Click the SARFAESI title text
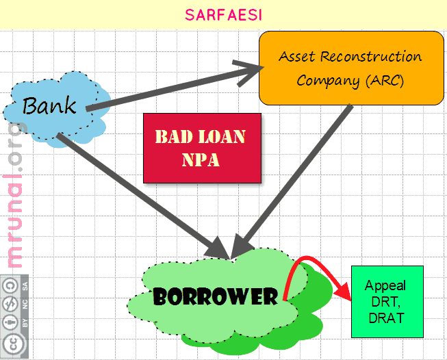point(223,15)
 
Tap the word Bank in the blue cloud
point(49,105)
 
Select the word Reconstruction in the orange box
point(370,56)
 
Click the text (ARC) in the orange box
point(385,81)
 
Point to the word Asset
point(297,56)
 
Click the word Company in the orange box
point(328,81)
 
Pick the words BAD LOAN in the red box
point(200,136)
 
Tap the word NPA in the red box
point(201,159)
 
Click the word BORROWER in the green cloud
point(215,297)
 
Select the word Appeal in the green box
point(385,286)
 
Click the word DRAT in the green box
point(387,318)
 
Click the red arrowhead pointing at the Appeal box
point(344,292)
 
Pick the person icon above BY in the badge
point(10,322)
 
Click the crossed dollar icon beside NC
point(10,304)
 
